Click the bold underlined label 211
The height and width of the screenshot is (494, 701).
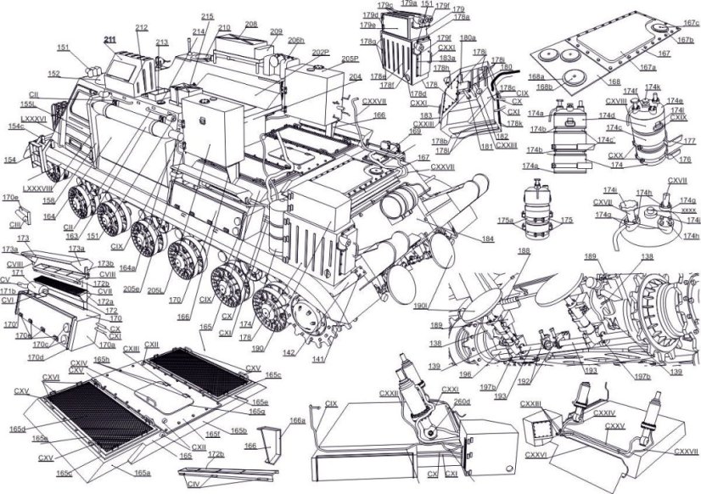tap(109, 40)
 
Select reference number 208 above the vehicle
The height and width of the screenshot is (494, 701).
tap(250, 25)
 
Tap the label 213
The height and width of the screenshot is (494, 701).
tap(162, 42)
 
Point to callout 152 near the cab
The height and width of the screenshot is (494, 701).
tap(53, 75)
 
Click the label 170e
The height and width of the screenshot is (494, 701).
tap(9, 197)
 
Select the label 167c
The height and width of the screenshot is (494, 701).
tap(692, 25)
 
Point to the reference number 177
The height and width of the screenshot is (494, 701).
tap(689, 139)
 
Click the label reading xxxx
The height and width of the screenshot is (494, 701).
tap(688, 210)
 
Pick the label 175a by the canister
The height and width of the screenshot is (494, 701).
tap(505, 221)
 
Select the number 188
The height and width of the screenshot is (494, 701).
tap(523, 251)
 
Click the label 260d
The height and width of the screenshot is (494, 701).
tap(462, 401)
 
